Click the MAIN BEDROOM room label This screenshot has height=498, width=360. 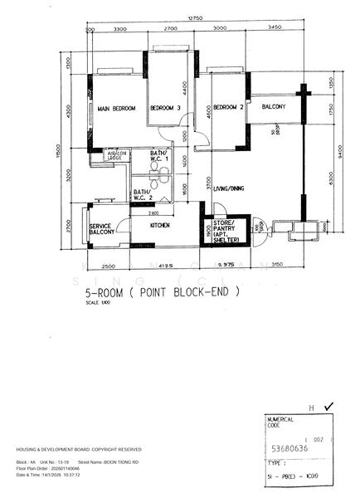click(115, 109)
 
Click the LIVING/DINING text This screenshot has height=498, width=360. click(229, 188)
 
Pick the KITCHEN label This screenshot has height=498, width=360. click(160, 225)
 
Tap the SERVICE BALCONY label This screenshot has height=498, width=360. click(101, 230)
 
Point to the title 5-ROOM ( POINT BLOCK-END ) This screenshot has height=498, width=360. click(163, 292)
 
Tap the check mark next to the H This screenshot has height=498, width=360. click(329, 407)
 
